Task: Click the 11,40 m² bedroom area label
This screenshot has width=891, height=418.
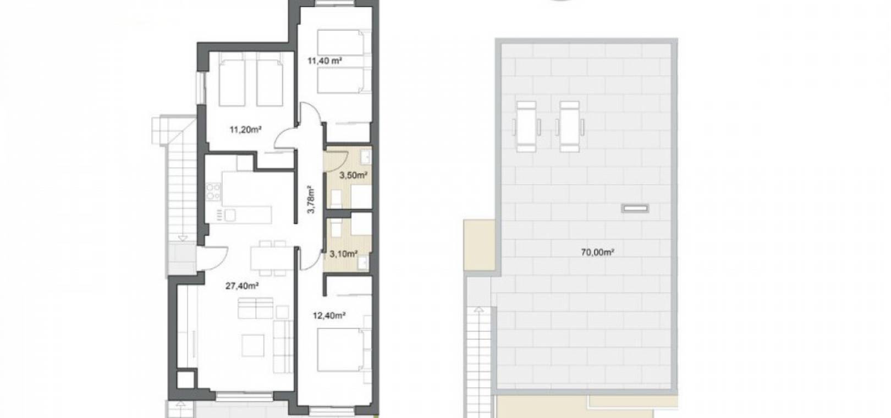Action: [325, 61]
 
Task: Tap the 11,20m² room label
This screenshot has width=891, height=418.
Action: [245, 129]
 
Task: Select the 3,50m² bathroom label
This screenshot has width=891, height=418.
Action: [353, 174]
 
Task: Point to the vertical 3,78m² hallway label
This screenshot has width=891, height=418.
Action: [311, 200]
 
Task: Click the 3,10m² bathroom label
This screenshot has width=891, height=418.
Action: [343, 253]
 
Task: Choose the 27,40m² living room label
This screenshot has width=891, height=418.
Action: [242, 285]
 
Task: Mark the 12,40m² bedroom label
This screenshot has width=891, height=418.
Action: [329, 316]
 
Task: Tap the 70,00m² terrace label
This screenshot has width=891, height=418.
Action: [598, 252]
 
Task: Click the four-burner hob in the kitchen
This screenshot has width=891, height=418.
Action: [213, 191]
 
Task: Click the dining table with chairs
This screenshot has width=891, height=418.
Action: [268, 258]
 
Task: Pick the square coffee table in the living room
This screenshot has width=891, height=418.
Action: [253, 345]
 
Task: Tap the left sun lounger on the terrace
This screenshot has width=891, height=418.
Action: [527, 126]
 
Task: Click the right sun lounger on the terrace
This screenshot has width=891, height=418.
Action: [570, 126]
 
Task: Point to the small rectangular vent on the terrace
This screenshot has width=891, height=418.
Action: [636, 208]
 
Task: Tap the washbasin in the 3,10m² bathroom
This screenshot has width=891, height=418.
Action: [363, 262]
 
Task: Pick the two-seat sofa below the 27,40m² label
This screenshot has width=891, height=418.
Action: [255, 308]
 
